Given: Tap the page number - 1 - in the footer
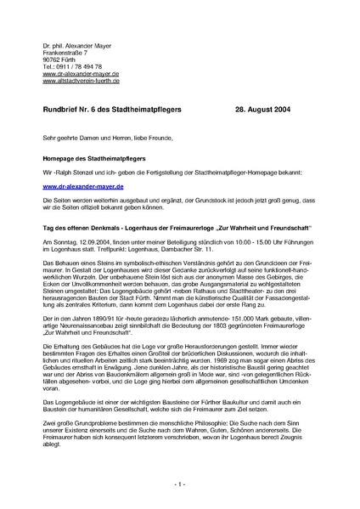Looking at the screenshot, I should tap(181, 484).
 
